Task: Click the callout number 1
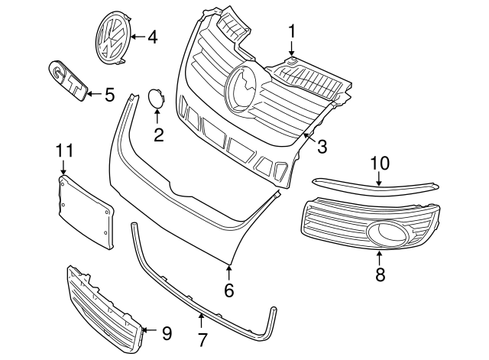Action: [291, 31]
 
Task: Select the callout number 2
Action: [159, 135]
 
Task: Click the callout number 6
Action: [228, 290]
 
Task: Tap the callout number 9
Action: [167, 332]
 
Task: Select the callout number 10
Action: [380, 163]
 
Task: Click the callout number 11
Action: [63, 151]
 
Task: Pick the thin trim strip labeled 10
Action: [374, 183]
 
